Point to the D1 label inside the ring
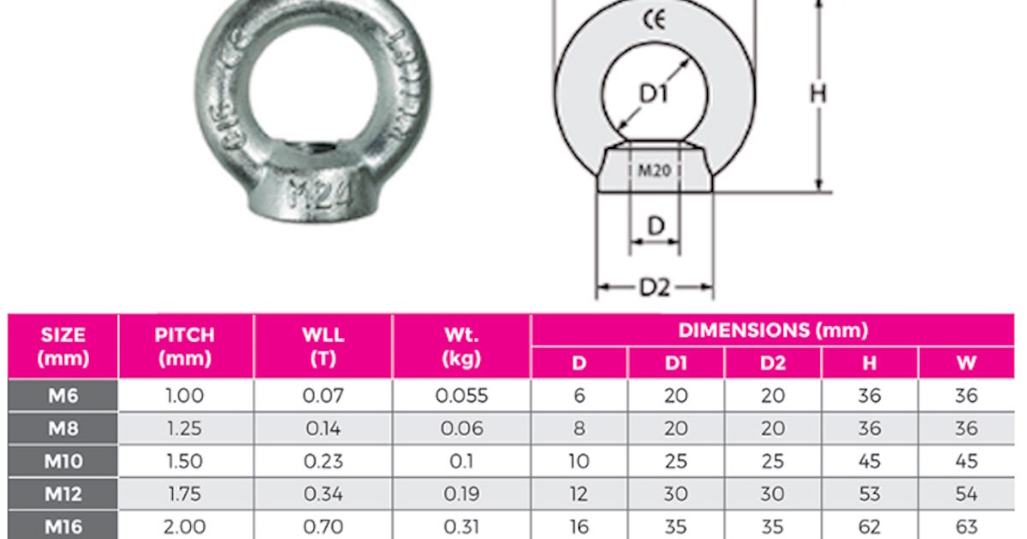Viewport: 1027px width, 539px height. [654, 94]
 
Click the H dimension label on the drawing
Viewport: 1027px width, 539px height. [818, 94]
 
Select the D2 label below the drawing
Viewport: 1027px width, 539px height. [655, 288]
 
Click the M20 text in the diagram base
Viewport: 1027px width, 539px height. [655, 171]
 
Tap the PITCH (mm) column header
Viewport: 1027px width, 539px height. [186, 346]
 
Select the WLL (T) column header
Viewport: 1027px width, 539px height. [324, 346]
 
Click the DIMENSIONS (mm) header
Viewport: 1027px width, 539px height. [773, 330]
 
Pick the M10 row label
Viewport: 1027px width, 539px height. [63, 461]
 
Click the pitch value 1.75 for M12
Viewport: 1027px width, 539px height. [186, 495]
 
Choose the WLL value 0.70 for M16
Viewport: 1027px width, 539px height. [324, 527]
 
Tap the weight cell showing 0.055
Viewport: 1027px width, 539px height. [461, 395]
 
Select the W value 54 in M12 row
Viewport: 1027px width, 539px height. [966, 495]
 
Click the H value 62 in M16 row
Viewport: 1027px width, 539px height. [870, 527]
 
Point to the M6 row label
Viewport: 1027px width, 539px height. [63, 395]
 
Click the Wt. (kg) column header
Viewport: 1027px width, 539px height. [461, 346]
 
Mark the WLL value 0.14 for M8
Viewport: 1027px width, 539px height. [324, 429]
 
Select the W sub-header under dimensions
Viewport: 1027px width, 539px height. [966, 363]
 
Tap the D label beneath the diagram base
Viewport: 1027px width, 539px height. [656, 226]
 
